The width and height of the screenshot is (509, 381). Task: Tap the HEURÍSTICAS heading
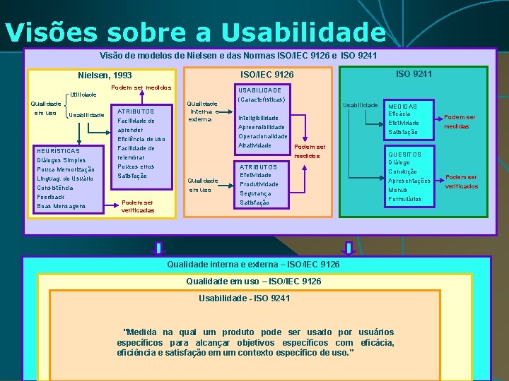[58, 151]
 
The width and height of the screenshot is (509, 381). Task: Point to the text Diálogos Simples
[61, 160]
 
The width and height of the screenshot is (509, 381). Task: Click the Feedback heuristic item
[50, 197]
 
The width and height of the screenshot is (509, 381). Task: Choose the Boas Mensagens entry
[61, 206]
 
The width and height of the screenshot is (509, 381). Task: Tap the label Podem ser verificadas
[138, 206]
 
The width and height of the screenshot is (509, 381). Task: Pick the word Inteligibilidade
[259, 118]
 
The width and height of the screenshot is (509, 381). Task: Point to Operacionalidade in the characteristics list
[263, 136]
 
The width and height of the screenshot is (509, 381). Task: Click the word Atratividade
[255, 145]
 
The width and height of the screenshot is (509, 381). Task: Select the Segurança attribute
[255, 193]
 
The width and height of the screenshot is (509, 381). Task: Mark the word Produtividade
[259, 184]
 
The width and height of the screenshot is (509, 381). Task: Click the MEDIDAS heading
[402, 107]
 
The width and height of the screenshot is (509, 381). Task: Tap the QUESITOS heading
[404, 155]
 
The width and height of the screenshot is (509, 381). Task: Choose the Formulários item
[405, 199]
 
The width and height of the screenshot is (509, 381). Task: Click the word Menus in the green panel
[397, 190]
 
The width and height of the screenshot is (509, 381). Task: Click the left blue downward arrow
[158, 248]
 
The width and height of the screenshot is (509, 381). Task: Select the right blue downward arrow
[349, 248]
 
